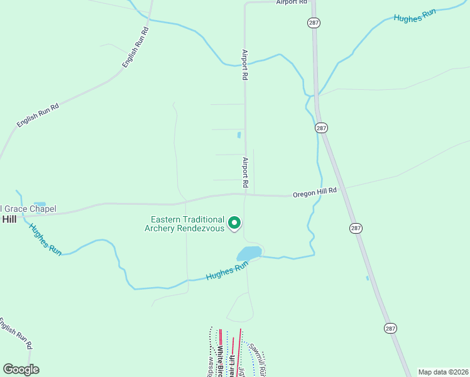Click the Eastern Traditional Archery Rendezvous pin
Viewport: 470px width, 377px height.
pos(234,222)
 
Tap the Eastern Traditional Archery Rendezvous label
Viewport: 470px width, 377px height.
pos(188,224)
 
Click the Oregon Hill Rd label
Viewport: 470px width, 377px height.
pos(315,192)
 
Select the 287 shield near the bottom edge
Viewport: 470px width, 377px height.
pos(390,328)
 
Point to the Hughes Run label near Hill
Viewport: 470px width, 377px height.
pos(45,239)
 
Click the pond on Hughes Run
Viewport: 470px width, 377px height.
pos(249,254)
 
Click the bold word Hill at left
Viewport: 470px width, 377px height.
pos(8,219)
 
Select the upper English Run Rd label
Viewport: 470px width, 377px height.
pos(135,47)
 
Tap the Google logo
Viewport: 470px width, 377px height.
pos(21,369)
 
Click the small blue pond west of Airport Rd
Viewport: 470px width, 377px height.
pos(239,135)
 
